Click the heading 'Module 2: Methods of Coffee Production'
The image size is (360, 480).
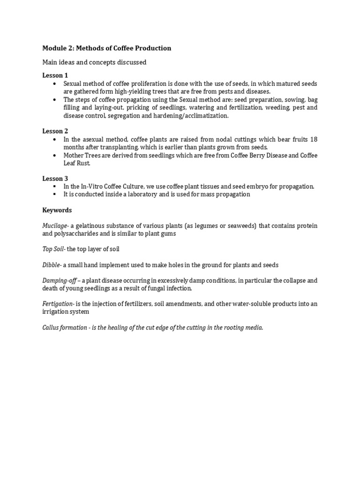click(106, 48)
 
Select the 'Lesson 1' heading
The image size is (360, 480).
click(55, 75)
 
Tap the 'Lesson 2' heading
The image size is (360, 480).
click(55, 131)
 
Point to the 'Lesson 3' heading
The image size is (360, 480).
click(55, 179)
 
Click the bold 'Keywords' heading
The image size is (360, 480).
click(57, 210)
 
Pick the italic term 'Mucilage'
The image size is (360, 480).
click(55, 226)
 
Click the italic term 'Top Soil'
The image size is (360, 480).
click(52, 249)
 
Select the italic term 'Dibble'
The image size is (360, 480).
click(51, 265)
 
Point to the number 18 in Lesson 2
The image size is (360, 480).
click(314, 139)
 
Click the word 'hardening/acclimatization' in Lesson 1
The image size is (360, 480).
click(192, 115)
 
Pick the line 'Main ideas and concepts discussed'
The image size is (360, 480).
click(94, 62)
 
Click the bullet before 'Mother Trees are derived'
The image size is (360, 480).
click(55, 155)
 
